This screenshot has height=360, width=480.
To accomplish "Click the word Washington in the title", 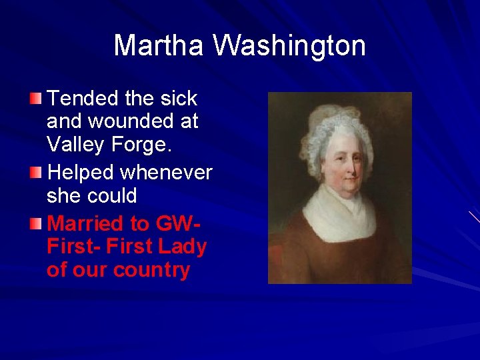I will (289, 46).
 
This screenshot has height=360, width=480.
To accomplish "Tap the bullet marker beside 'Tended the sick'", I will (35, 99).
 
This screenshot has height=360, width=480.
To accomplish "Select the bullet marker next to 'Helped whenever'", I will (35, 173).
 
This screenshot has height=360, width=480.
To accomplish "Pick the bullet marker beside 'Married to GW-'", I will (35, 223).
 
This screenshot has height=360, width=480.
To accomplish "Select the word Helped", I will (82, 173).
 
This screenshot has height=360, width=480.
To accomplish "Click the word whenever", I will (166, 173).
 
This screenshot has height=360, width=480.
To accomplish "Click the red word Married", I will (86, 223).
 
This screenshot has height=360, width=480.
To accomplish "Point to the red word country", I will (151, 271).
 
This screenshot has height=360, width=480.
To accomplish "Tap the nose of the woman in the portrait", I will (348, 167).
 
